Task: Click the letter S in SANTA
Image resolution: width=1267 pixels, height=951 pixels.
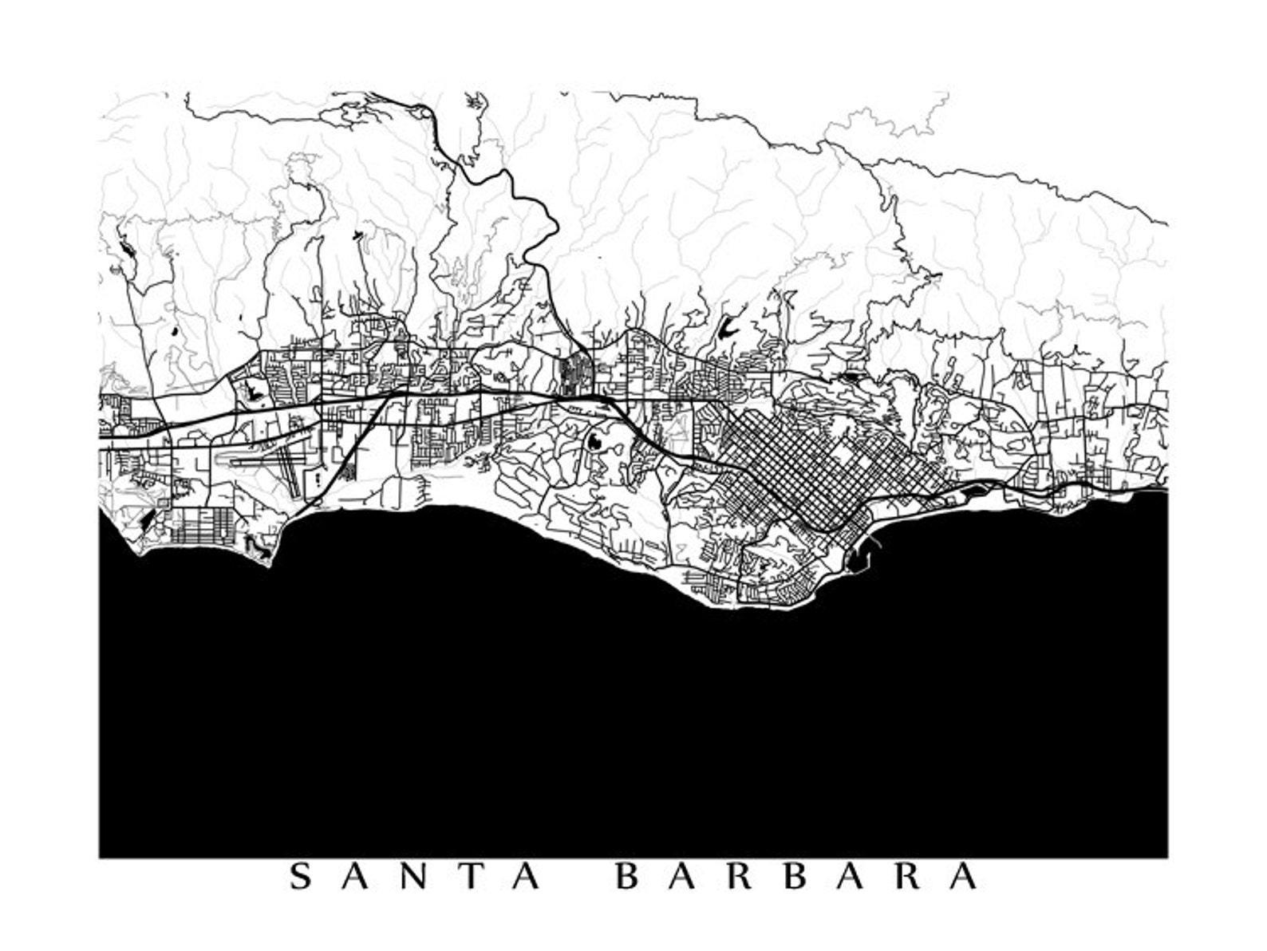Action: (300, 877)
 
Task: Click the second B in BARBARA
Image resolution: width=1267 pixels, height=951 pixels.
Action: (797, 877)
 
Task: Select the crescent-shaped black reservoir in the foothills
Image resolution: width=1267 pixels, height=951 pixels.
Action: (727, 327)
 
